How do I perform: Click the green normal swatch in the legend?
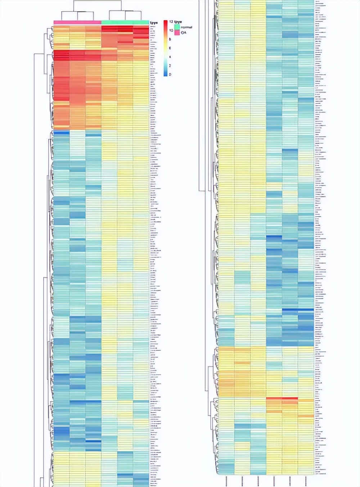pyautogui.click(x=177, y=27)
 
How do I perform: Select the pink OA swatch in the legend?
pyautogui.click(x=177, y=32)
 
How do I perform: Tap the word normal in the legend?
pyautogui.click(x=186, y=27)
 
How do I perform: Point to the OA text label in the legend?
pyautogui.click(x=184, y=33)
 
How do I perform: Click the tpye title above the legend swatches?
pyautogui.click(x=178, y=22)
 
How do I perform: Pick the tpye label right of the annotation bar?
pyautogui.click(x=153, y=23)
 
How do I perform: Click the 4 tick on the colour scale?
pyautogui.click(x=170, y=57)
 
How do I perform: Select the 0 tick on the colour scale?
pyautogui.click(x=170, y=74)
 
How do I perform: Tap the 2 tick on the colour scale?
pyautogui.click(x=170, y=65)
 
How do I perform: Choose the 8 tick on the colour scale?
pyautogui.click(x=170, y=39)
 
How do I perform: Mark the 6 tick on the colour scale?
pyautogui.click(x=170, y=48)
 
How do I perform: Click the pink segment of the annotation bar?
pyautogui.click(x=77, y=23)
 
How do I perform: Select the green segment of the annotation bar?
pyautogui.click(x=125, y=23)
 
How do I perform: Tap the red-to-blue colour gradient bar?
pyautogui.click(x=165, y=48)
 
